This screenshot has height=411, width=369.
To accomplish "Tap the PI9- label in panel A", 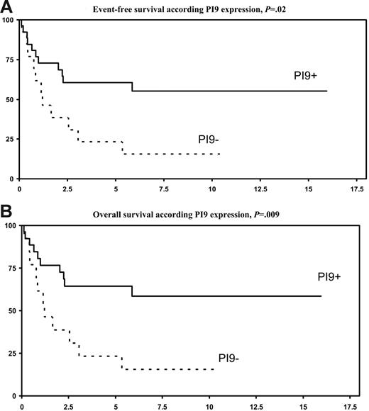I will [211, 137].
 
